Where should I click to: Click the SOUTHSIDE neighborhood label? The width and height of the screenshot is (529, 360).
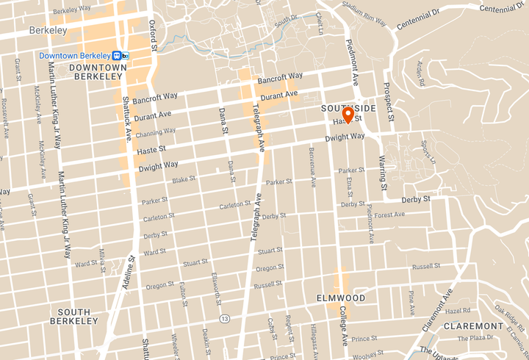(x=348, y=108)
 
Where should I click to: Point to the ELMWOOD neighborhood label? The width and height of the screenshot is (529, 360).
(x=340, y=298)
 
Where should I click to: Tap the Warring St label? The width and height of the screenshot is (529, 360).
(x=382, y=169)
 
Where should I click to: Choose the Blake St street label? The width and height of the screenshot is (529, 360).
(x=184, y=179)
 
